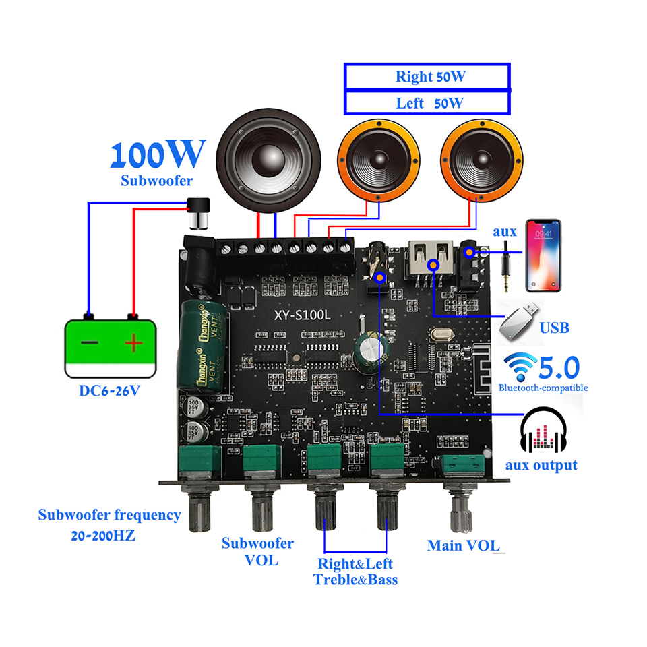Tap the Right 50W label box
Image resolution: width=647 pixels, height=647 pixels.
coord(427,76)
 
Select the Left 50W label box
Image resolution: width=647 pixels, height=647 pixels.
coord(427,103)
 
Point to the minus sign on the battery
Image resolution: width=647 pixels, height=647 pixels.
coord(89,343)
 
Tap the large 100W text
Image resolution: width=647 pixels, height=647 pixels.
coord(156,154)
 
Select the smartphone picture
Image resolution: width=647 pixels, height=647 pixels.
coord(543,255)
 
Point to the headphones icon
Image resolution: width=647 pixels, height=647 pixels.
coord(545,432)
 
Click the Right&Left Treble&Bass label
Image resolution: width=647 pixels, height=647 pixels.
coord(355,572)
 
